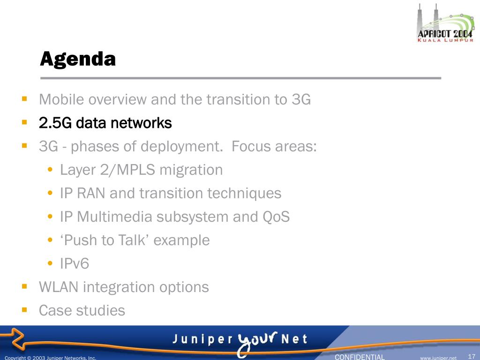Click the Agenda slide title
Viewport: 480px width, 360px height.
tap(78, 59)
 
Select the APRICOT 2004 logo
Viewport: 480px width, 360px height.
tap(445, 22)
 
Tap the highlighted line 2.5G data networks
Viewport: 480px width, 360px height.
tap(105, 123)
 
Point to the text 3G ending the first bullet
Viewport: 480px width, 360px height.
tap(301, 99)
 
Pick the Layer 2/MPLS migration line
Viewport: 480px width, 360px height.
tap(141, 170)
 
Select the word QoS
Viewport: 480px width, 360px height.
tap(276, 217)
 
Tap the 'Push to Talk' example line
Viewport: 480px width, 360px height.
tap(135, 240)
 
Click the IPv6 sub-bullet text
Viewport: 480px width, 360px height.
tap(75, 263)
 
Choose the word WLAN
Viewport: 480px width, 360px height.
tap(59, 287)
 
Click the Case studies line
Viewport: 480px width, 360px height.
tap(82, 310)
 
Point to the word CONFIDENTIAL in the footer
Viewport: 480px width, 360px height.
tap(360, 357)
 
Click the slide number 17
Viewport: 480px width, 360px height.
tap(472, 357)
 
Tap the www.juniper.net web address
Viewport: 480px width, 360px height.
tap(438, 358)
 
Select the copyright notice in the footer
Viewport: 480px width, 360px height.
tap(51, 358)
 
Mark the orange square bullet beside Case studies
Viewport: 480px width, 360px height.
tap(24, 310)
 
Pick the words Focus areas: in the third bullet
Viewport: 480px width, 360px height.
tap(274, 146)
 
